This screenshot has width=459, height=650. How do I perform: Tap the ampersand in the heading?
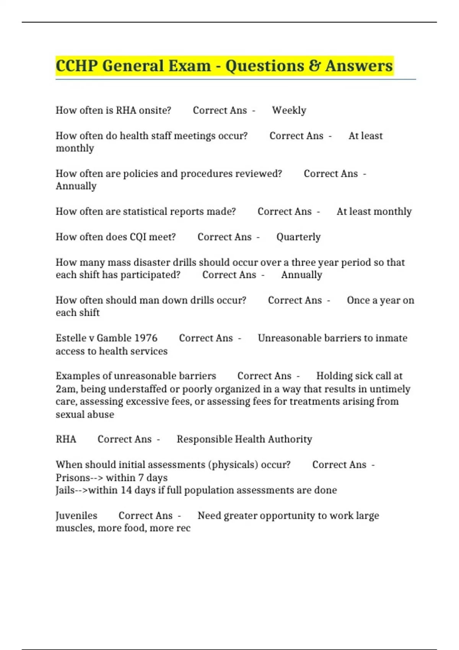(314, 66)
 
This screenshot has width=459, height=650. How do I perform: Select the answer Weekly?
(289, 110)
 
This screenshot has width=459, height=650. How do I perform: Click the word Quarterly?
(298, 237)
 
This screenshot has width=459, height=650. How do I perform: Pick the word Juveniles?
(76, 516)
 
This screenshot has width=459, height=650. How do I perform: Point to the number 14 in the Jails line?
(126, 490)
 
